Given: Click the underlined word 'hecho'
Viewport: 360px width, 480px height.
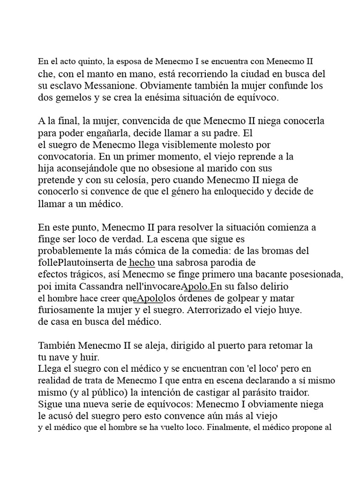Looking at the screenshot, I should pos(142,262).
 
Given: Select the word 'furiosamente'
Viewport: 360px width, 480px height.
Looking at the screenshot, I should pos(67,310).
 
